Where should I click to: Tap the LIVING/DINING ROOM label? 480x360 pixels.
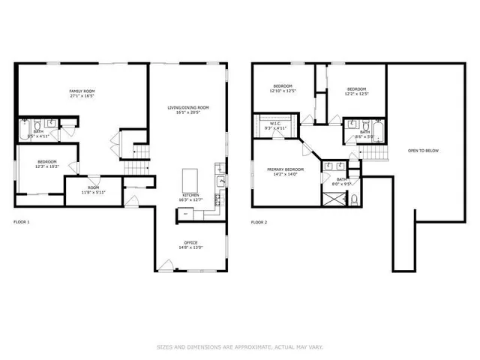(187, 107)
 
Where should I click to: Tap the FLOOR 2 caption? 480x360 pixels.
(259, 223)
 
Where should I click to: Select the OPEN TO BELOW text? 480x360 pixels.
(423, 151)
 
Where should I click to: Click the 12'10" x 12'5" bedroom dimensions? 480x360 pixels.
(283, 91)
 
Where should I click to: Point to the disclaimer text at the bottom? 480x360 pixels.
(240, 346)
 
